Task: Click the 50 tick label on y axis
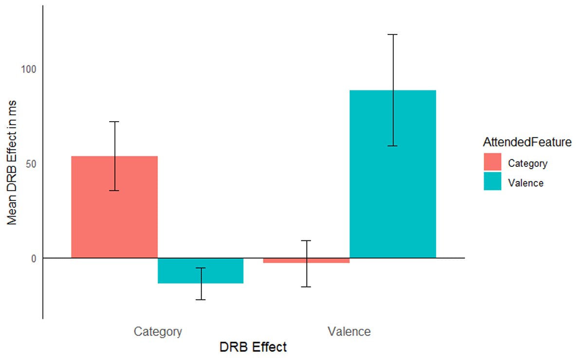[x=31, y=163]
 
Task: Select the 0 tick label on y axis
[x=34, y=258]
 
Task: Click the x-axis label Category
[x=158, y=332]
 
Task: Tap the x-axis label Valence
[x=349, y=332]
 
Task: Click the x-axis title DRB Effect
[x=253, y=347]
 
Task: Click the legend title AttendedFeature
[x=527, y=143]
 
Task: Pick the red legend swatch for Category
[x=492, y=162]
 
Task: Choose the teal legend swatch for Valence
[x=492, y=181]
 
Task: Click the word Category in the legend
[x=528, y=163]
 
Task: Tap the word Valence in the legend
[x=526, y=183]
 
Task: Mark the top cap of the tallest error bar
[x=393, y=35]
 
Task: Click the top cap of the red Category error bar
[x=114, y=122]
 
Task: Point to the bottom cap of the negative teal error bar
[x=201, y=300]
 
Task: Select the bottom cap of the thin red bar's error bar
[x=307, y=287]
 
